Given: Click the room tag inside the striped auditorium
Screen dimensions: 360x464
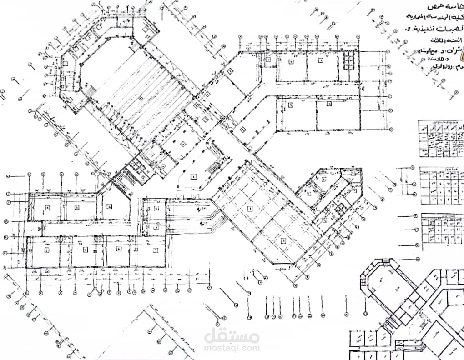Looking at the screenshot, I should click(141, 98).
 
